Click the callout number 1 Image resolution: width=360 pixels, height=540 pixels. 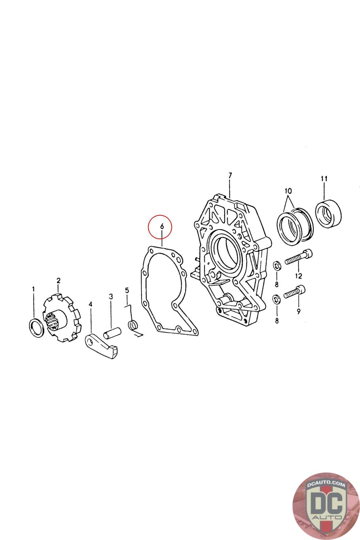pos(33,289)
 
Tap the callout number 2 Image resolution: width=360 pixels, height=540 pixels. pos(58,280)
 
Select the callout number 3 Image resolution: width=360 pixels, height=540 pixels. pos(111,296)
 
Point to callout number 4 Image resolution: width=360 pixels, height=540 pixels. pos(91,304)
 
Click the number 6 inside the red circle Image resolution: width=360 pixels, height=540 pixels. pos(162,226)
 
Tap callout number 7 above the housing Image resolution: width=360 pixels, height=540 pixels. pos(230,175)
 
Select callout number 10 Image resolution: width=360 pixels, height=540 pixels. pos(288,191)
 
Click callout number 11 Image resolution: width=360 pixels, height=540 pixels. pos(324,179)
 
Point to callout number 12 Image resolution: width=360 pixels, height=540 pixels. pos(299,276)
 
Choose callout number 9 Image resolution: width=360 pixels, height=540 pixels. pos(299,311)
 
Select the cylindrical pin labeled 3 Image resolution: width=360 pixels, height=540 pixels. pos(112,333)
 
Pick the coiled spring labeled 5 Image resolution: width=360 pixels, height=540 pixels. pos(133,325)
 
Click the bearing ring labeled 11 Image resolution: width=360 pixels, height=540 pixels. pos(328,213)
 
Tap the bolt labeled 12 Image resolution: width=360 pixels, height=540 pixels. pos(299,257)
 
